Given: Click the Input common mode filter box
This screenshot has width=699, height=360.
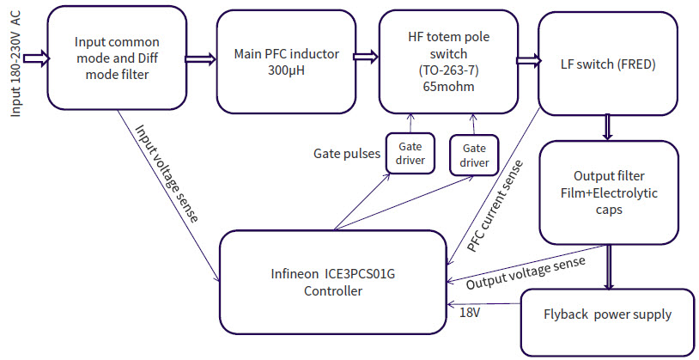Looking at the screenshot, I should click(116, 58).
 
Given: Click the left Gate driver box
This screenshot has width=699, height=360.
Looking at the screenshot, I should click(409, 153).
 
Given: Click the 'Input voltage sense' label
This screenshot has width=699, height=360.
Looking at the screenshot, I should click(167, 173).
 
